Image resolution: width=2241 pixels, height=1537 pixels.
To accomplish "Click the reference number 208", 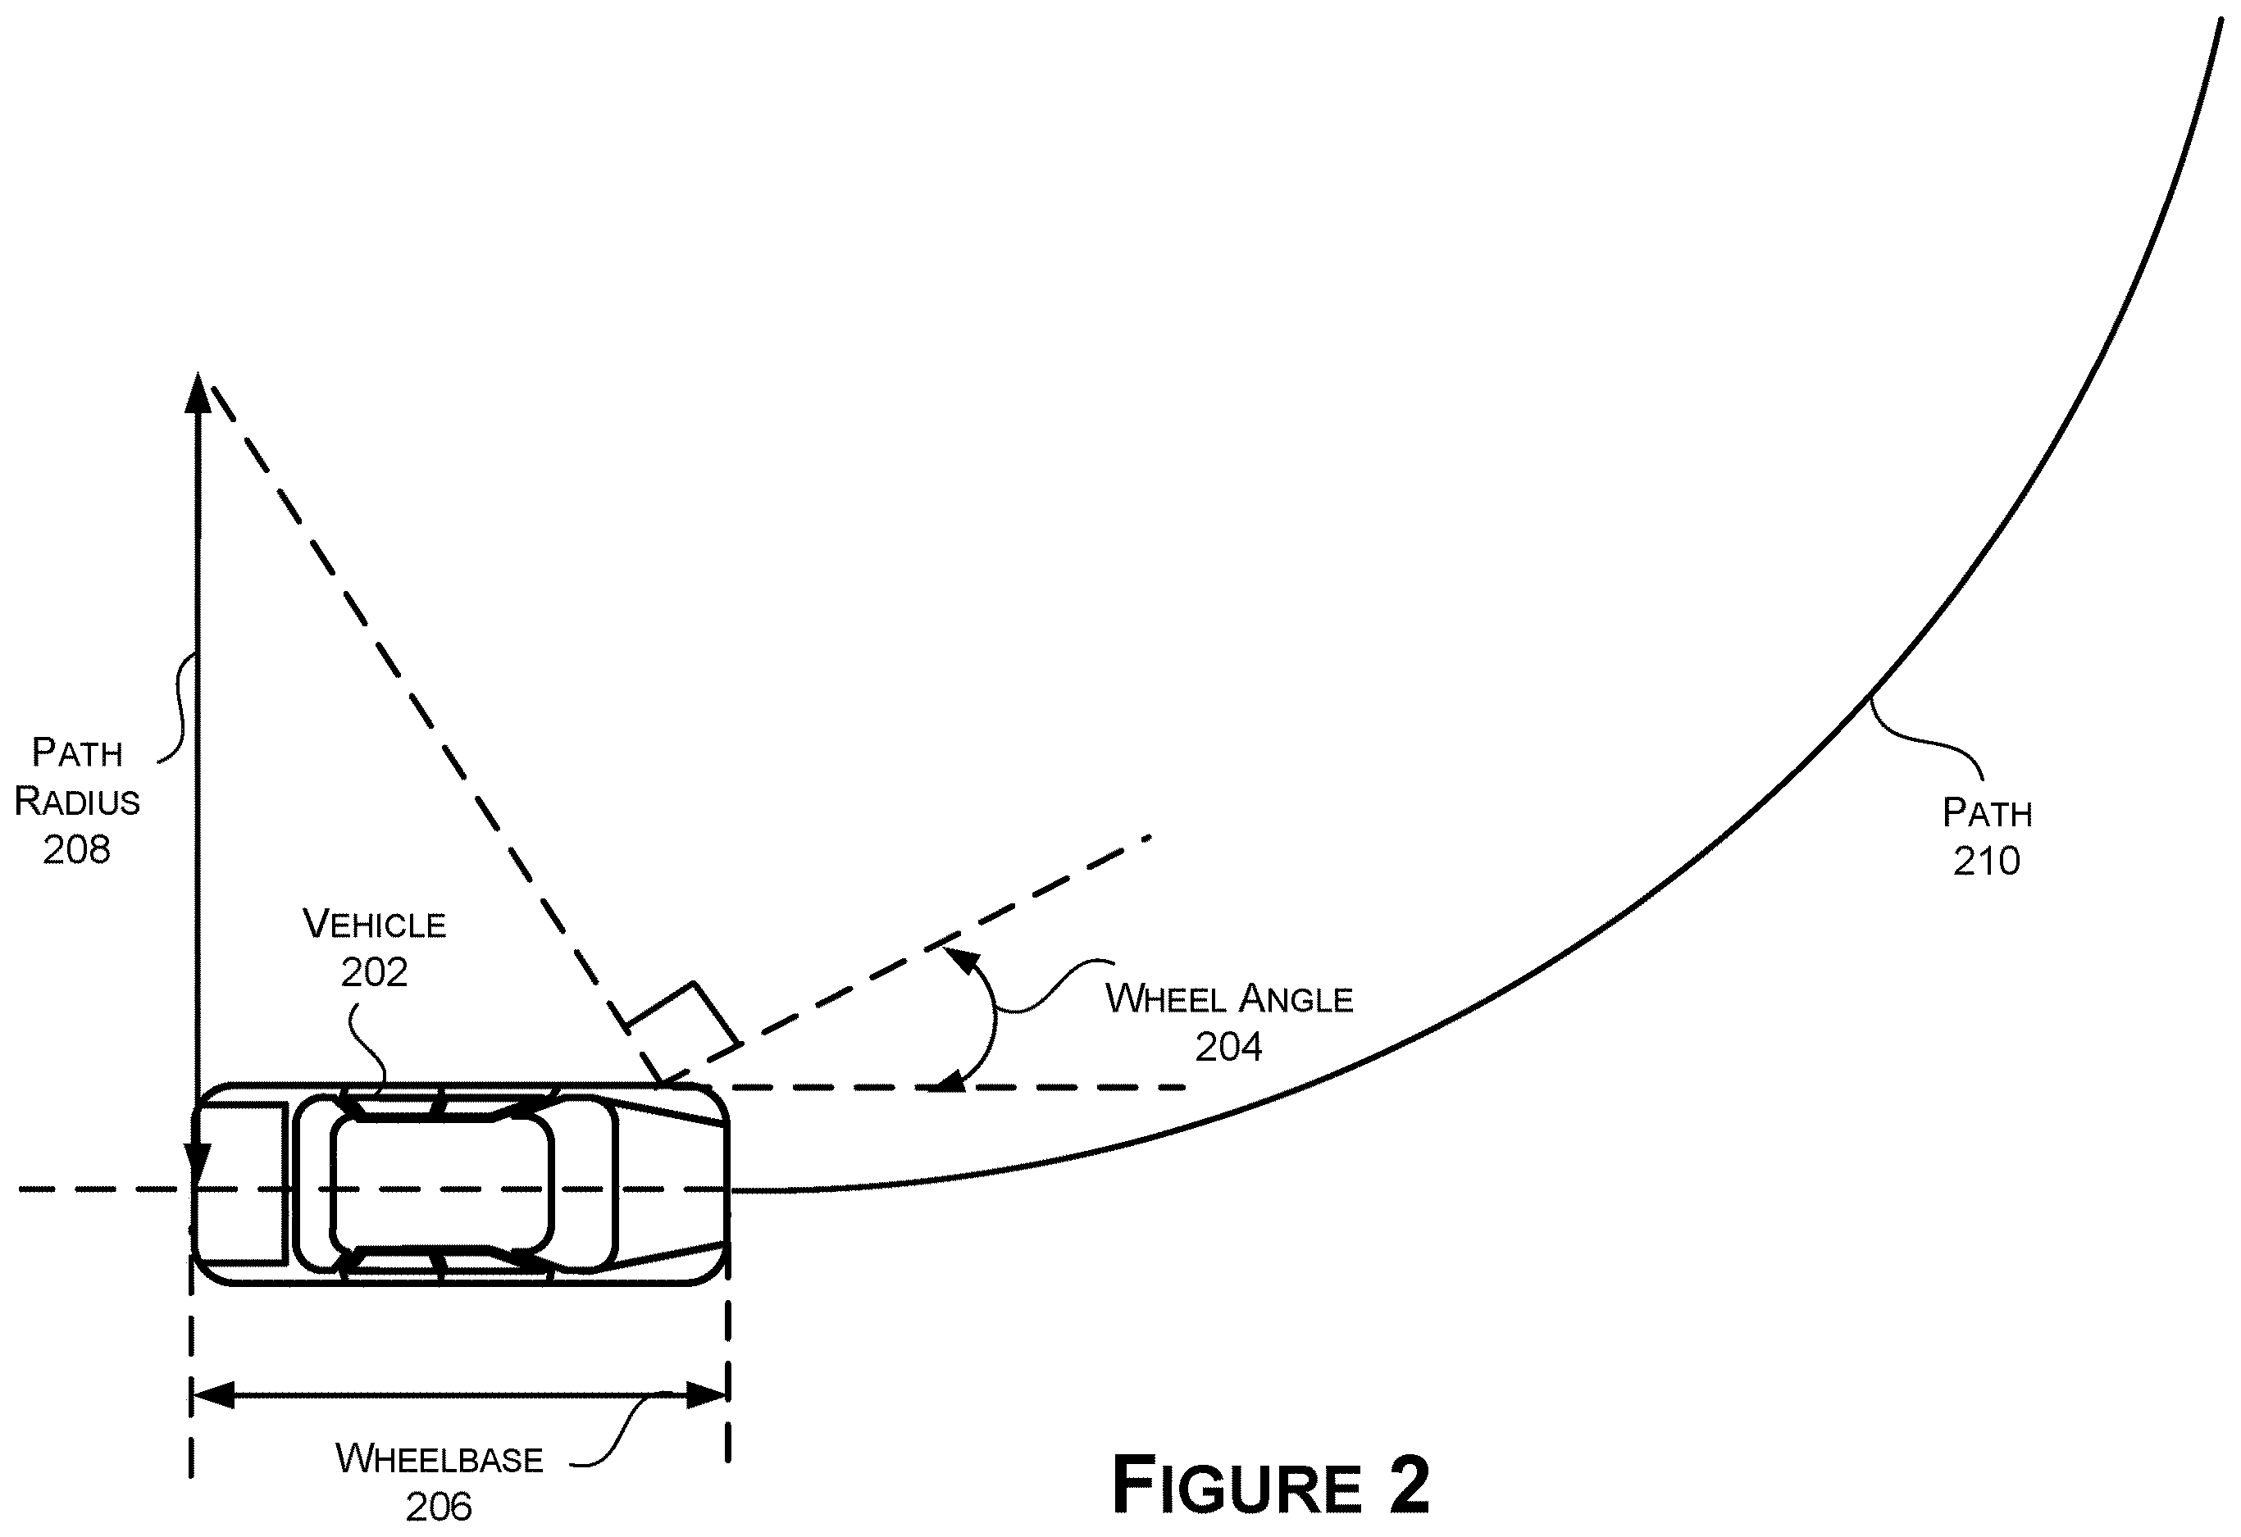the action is pyautogui.click(x=77, y=849).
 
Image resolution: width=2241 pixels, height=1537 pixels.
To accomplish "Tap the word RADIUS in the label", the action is pyautogui.click(x=77, y=801).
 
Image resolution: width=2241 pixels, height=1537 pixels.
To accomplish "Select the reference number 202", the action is pyautogui.click(x=374, y=973).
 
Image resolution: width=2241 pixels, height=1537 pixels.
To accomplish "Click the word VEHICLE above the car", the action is pyautogui.click(x=374, y=925).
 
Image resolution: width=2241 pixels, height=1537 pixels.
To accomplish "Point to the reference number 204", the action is pyautogui.click(x=1228, y=1047).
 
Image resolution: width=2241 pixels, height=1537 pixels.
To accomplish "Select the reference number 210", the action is pyautogui.click(x=1987, y=861).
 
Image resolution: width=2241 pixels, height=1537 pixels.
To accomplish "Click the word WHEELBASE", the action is pyautogui.click(x=440, y=1459).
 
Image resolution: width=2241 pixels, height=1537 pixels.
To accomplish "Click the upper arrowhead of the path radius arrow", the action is pyautogui.click(x=198, y=392).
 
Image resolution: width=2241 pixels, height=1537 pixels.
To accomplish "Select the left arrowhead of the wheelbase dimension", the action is pyautogui.click(x=213, y=1394).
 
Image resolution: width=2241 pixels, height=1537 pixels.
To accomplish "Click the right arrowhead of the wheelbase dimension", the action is pyautogui.click(x=706, y=1394).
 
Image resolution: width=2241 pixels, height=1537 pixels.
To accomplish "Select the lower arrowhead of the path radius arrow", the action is pyautogui.click(x=198, y=1166).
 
